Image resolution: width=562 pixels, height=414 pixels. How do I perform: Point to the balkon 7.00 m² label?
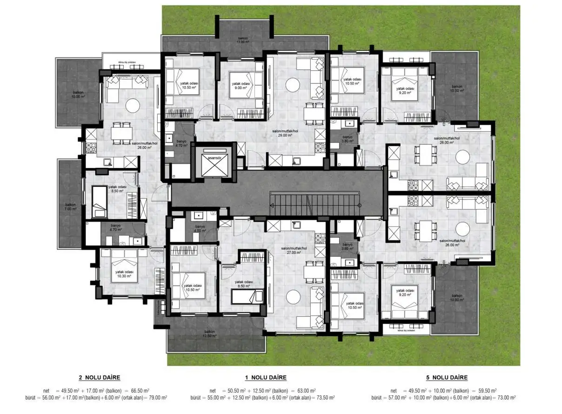point(71,206)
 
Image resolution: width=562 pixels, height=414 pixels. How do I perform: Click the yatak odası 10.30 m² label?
point(124,274)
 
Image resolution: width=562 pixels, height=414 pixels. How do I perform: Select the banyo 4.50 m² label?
point(201,228)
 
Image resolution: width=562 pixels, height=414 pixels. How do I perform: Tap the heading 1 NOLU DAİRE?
point(266,377)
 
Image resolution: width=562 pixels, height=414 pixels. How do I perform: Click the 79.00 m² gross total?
point(156,398)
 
